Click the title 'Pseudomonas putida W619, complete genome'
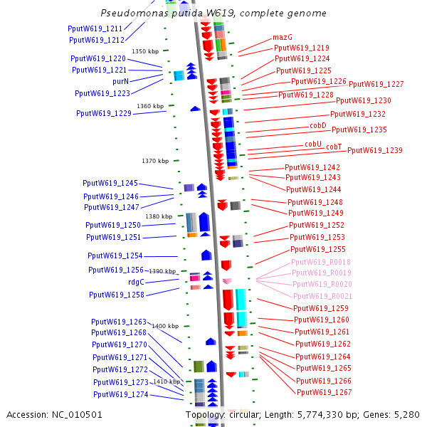click(213, 14)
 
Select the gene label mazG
click(283, 36)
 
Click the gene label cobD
click(317, 125)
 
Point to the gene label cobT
click(334, 147)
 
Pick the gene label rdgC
click(136, 282)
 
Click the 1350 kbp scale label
click(145, 51)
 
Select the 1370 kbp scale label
click(154, 161)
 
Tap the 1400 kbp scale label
click(165, 326)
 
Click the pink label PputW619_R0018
click(321, 262)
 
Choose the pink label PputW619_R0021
click(322, 295)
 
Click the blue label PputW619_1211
click(95, 28)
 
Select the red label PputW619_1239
click(375, 150)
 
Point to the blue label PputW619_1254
click(115, 255)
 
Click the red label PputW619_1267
click(325, 392)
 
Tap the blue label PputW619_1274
click(120, 394)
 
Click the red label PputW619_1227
click(376, 84)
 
